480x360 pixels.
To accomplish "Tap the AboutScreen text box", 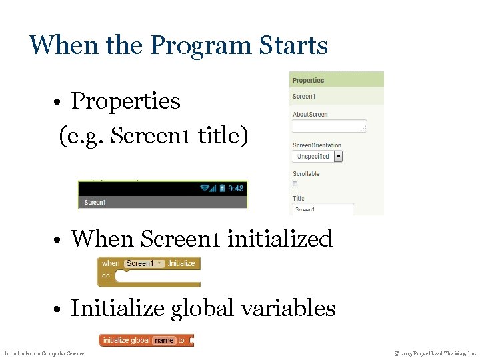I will tap(329, 126).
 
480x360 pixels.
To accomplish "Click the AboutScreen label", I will tap(310, 114).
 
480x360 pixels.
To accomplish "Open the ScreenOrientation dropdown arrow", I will tap(338, 157).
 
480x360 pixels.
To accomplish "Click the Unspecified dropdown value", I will tap(313, 157).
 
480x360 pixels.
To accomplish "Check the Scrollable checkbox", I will tap(295, 184).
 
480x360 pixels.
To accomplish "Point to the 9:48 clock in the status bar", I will tap(236, 189).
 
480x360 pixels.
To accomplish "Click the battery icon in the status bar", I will tap(222, 189).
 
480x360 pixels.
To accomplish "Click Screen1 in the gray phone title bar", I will tap(93, 203).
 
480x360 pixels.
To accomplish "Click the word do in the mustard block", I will tap(106, 275).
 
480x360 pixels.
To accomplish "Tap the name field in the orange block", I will tap(164, 340).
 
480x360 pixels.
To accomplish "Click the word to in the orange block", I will tap(181, 340).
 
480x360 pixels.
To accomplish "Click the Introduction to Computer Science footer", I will tap(45, 353).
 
